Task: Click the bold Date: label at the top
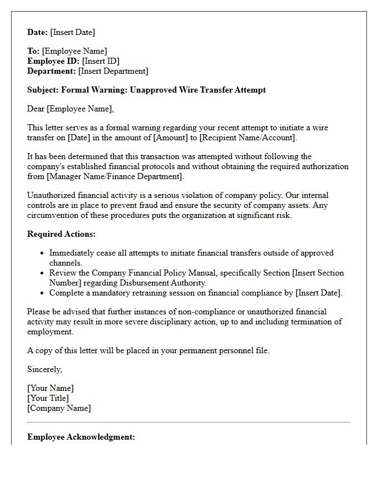click(x=38, y=32)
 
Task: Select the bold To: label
click(x=33, y=51)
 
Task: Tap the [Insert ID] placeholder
click(x=101, y=61)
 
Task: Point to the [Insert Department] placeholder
click(x=113, y=71)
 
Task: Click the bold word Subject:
click(x=43, y=90)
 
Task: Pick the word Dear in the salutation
click(x=36, y=109)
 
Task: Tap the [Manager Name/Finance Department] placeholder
click(x=104, y=176)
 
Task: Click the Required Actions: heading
click(x=62, y=234)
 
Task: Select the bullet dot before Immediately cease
click(x=43, y=253)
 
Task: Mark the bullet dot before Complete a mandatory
click(x=43, y=293)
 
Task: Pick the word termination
click(x=309, y=322)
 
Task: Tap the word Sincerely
click(x=44, y=369)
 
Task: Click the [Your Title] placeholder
click(x=48, y=398)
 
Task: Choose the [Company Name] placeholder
click(x=59, y=408)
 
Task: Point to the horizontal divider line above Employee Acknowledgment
click(x=189, y=422)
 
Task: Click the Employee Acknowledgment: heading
click(x=81, y=437)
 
